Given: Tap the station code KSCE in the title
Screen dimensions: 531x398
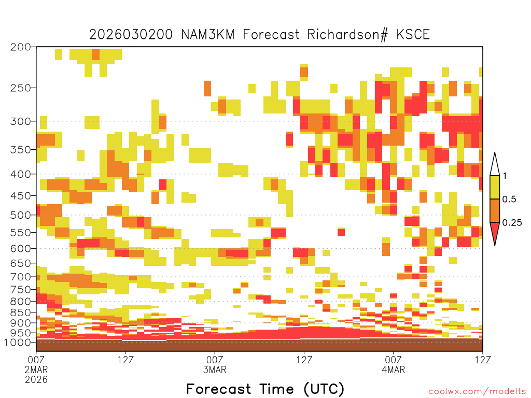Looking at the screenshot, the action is [413, 35].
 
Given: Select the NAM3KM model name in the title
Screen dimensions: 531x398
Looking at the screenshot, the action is [208, 35].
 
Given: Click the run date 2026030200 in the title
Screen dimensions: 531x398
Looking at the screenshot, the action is [131, 35].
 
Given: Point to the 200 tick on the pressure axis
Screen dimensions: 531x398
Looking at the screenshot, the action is [21, 47].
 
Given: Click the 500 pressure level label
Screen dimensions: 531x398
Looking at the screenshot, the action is [21, 215].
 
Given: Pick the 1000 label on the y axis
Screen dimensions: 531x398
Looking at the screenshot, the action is [18, 342].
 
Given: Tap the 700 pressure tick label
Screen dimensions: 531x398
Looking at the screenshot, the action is [21, 277].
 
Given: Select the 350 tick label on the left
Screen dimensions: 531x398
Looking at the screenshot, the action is [21, 150].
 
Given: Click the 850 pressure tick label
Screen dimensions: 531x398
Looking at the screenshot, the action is [21, 312].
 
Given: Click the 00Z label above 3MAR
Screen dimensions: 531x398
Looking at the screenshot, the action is [215, 360].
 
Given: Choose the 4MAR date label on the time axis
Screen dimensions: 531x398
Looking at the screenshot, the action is [393, 369].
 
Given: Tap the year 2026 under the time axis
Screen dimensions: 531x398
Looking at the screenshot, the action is [36, 379].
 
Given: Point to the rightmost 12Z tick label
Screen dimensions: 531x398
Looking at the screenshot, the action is [483, 360].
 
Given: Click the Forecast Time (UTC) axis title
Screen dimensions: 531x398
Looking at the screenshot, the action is [265, 389].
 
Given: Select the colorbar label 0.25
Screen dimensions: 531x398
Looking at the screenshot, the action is [512, 223].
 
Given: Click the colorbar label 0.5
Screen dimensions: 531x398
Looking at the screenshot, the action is [509, 200].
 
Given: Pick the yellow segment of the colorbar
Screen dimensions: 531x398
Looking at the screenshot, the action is [495, 187].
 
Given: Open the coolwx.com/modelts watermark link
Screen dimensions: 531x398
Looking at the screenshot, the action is [477, 392].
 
